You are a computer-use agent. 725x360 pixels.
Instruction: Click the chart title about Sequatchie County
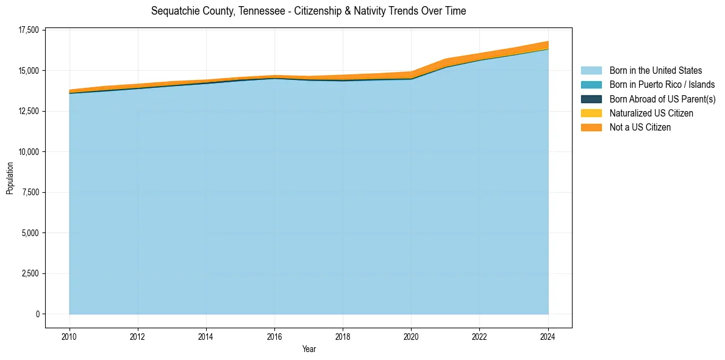pos(309,11)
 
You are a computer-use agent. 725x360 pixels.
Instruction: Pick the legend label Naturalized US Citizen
pos(651,113)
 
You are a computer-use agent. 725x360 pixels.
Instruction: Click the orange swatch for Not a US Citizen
pos(591,128)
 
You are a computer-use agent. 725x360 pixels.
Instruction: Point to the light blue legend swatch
pos(591,71)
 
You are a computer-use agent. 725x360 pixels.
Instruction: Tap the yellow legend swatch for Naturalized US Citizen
pos(591,113)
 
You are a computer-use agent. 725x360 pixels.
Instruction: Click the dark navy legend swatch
pos(591,99)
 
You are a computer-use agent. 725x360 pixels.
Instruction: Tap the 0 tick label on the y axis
pos(37,314)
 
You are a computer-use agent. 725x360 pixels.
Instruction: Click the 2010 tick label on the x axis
pos(70,336)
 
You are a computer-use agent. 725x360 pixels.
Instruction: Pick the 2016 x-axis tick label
pos(274,336)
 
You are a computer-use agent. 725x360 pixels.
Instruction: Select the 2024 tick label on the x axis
pos(548,336)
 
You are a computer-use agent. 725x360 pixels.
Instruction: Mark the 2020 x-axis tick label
pos(412,336)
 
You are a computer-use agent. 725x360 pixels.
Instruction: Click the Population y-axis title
pos(10,178)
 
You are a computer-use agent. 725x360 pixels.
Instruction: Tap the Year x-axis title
pos(309,349)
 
